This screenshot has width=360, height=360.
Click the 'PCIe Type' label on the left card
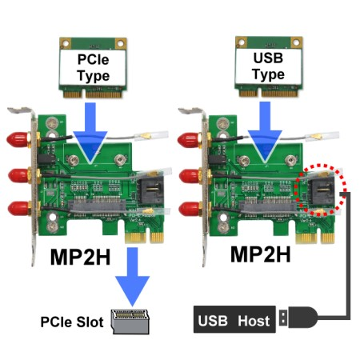pos(93,67)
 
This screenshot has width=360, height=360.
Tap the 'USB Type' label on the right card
pos(268,66)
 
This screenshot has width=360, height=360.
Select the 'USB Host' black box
pos(234,319)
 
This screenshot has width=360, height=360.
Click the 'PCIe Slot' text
pos(72,322)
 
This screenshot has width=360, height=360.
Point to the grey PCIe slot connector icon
pos(130,322)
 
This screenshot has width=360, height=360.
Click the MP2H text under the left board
pos(80,257)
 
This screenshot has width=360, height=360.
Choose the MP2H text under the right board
pos(260,254)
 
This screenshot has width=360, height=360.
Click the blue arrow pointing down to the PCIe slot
pos(132,277)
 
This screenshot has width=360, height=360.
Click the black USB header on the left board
pos(150,190)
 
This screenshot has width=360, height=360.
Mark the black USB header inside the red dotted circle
pos(321,190)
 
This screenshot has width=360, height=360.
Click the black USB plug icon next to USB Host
pos(298,318)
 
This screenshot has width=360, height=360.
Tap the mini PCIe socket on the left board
pos(97,206)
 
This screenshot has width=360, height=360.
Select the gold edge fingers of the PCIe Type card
pos(93,94)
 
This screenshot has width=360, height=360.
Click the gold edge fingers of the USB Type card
pos(268,93)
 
